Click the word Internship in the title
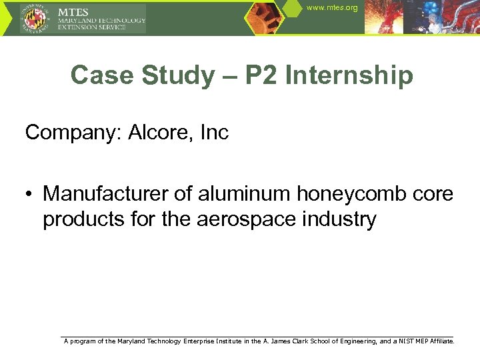[x=349, y=75]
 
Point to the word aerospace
[x=257, y=219]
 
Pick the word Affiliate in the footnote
[x=441, y=341]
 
